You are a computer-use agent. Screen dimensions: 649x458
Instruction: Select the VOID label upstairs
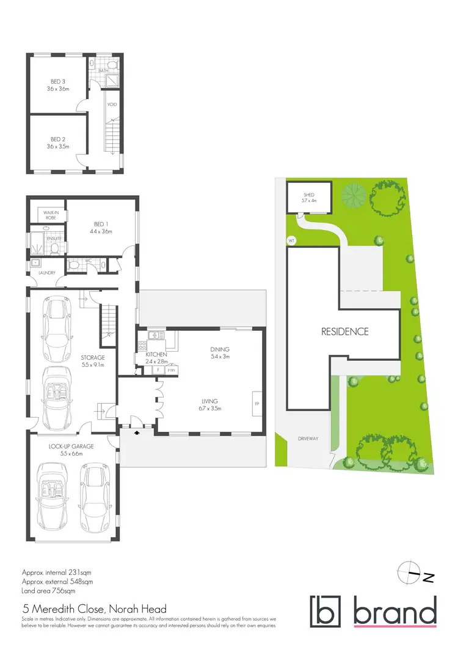112,104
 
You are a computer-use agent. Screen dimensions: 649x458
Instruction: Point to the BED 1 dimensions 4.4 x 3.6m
102,232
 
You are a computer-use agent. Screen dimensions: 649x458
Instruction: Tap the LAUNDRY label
48,273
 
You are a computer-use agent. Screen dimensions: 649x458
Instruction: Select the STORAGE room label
92,357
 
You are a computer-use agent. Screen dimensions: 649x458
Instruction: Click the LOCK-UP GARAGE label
71,447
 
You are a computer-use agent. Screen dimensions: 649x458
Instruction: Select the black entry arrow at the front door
135,432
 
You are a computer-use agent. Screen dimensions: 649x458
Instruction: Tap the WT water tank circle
291,240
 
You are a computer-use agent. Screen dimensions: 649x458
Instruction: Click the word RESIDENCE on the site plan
345,332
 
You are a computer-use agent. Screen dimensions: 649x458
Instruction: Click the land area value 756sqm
62,592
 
